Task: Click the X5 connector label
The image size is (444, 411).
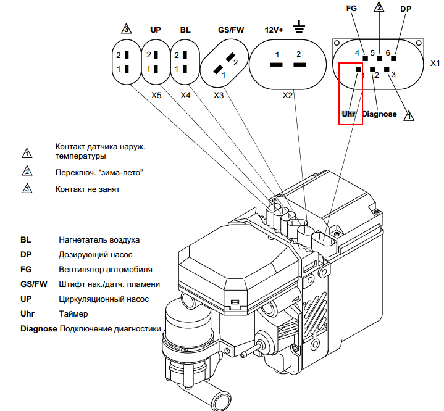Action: click(x=157, y=96)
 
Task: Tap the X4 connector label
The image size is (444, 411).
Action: click(x=185, y=96)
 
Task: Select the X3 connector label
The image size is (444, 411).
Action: click(x=219, y=96)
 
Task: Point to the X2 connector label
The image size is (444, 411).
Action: click(x=288, y=96)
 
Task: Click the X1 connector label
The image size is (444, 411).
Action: click(x=435, y=63)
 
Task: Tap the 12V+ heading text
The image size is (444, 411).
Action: click(x=275, y=29)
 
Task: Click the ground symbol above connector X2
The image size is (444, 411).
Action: click(x=299, y=27)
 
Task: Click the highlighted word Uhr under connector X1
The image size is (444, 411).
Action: click(x=349, y=114)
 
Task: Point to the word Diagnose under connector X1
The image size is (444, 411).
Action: click(x=380, y=114)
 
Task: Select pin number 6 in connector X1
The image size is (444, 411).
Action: click(x=388, y=53)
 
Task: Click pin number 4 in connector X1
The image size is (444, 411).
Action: click(x=357, y=53)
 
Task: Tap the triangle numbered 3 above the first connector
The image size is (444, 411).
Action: click(x=127, y=29)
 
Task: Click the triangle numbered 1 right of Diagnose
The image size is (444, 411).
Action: click(x=408, y=115)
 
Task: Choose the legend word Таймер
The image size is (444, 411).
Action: click(x=73, y=314)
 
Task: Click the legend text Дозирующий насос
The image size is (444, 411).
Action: click(x=95, y=254)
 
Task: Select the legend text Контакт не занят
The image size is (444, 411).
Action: click(x=87, y=189)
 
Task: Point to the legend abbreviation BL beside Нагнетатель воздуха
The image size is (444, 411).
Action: click(x=25, y=239)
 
